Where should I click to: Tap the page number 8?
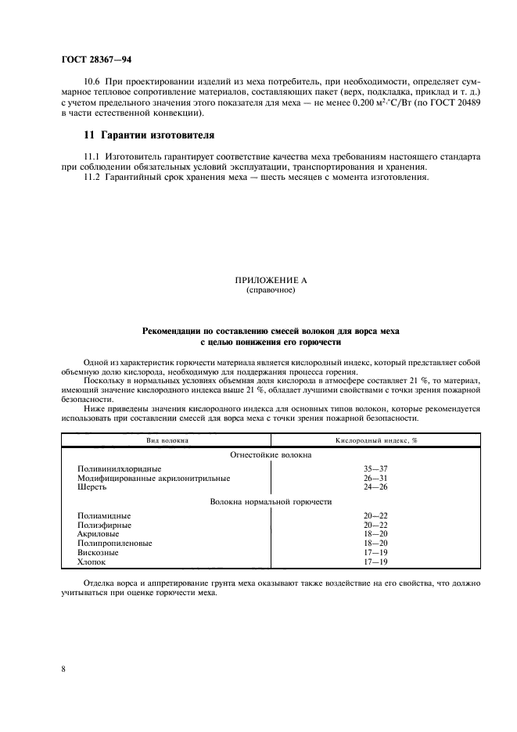(x=63, y=669)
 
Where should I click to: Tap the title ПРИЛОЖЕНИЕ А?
(x=270, y=280)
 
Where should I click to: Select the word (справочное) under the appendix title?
(x=270, y=289)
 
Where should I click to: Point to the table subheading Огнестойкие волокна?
(x=271, y=454)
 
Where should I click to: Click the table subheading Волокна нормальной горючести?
(x=271, y=501)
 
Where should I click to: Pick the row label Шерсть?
(x=92, y=486)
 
